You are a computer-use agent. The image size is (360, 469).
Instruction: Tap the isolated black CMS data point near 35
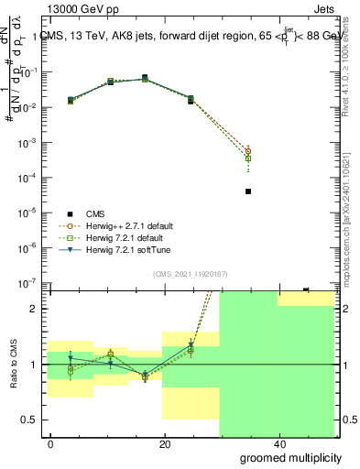pyautogui.click(x=248, y=191)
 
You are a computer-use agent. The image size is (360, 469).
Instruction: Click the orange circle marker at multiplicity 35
pyautogui.click(x=248, y=151)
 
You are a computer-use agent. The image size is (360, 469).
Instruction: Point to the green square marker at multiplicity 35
pyautogui.click(x=248, y=158)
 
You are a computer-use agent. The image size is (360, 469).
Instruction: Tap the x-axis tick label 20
pyautogui.click(x=164, y=444)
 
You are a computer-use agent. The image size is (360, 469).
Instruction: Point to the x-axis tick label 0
pyautogui.click(x=51, y=444)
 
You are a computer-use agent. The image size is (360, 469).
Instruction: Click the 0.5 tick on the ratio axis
pyautogui.click(x=29, y=420)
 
